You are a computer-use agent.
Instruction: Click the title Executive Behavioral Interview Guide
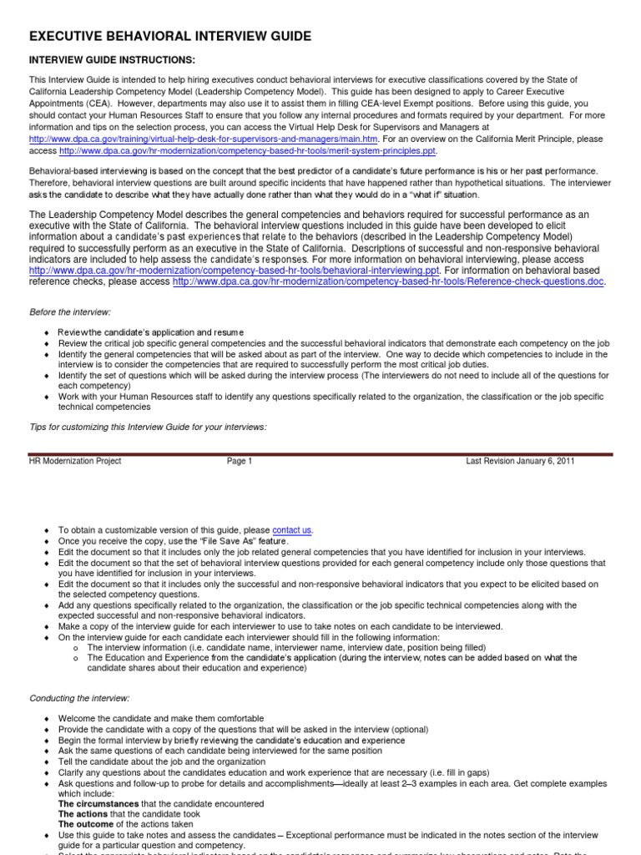tap(170, 36)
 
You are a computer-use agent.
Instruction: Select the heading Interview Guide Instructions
tap(113, 60)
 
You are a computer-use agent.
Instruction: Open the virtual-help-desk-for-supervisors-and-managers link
tap(203, 138)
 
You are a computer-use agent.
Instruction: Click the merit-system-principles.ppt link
tap(248, 151)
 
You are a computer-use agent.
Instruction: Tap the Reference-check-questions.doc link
tap(388, 282)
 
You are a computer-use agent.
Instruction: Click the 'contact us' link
tap(292, 529)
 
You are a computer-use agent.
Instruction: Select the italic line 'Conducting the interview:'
tap(79, 697)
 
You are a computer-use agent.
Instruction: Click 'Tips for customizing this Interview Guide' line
tap(148, 427)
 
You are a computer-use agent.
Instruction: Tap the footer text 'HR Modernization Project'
tap(75, 461)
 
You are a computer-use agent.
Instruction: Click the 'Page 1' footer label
tap(239, 461)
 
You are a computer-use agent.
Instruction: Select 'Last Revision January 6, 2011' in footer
tap(520, 461)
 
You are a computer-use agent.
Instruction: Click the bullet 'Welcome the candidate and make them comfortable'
tap(160, 718)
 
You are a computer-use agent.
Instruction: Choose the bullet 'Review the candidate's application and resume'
tap(151, 332)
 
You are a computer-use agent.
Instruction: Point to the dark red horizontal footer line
tap(320, 454)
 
